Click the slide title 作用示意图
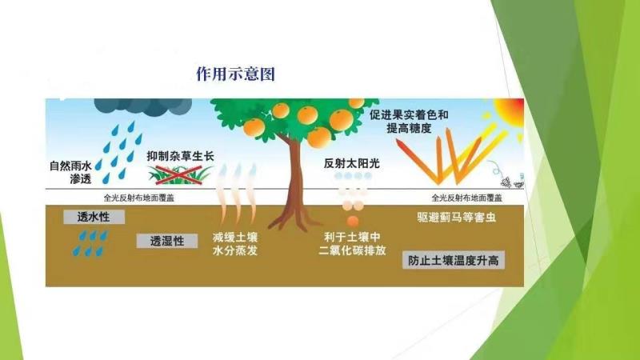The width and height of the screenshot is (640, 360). tap(235, 74)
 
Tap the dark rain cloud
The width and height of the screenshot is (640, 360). tap(143, 106)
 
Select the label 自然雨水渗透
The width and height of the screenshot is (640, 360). tap(70, 172)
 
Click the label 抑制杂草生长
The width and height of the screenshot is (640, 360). tap(181, 156)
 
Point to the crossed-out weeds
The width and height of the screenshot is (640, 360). tap(180, 175)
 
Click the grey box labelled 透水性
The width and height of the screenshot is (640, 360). tap(94, 217)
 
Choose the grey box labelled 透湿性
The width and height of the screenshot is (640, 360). tap(167, 241)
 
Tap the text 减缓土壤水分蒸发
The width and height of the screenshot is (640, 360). tap(235, 244)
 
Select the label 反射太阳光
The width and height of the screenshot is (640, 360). tap(352, 163)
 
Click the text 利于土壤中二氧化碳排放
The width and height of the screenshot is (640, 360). tap(352, 244)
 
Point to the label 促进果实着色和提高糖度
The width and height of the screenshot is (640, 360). tap(409, 122)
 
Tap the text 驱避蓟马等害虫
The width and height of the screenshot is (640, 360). tap(456, 217)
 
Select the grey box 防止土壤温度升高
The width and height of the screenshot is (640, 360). tap(454, 260)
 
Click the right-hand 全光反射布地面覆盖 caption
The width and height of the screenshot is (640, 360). tap(467, 198)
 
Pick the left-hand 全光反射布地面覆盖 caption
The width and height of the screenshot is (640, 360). tap(138, 198)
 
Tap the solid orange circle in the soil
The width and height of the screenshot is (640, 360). tap(353, 222)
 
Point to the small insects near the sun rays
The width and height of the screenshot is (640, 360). tap(512, 181)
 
